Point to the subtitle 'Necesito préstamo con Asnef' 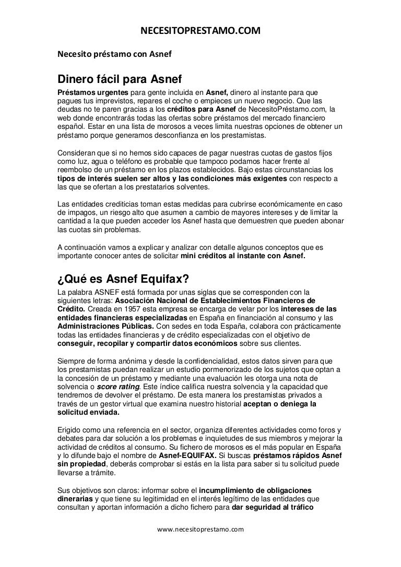(x=114, y=53)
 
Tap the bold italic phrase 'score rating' (x=119, y=387)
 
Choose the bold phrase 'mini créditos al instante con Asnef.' (x=243, y=256)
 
